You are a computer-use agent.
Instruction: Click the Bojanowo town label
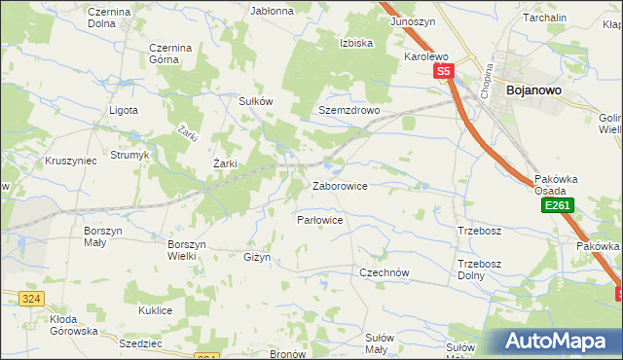(531, 90)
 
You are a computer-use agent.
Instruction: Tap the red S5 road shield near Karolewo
(444, 72)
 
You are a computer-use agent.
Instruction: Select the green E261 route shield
(558, 206)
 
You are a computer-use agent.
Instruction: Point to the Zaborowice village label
(339, 186)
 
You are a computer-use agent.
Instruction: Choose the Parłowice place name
(320, 221)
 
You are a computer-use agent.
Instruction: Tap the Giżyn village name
(255, 258)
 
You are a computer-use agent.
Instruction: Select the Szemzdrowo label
(348, 111)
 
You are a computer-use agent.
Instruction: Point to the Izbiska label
(357, 44)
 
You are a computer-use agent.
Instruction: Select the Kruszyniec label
(69, 161)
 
